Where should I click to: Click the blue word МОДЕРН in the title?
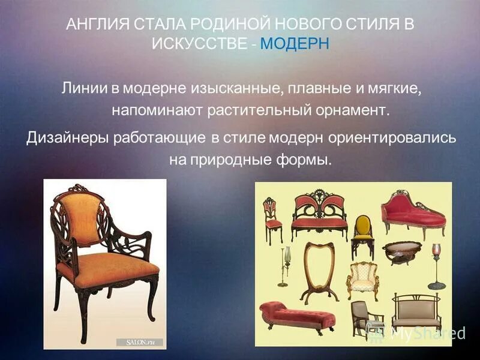point(295,44)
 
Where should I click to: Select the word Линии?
point(82,88)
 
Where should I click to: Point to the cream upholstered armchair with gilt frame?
point(363,277)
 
